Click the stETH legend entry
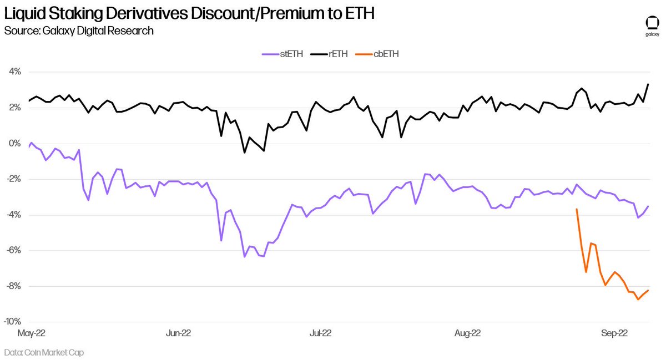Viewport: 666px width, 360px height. (x=282, y=54)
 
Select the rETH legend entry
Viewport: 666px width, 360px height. (x=329, y=54)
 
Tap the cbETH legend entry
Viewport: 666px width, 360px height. (x=377, y=54)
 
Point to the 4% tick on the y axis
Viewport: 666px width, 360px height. (x=15, y=72)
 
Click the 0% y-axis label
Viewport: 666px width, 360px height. (x=15, y=144)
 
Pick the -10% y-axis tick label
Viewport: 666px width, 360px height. (x=12, y=322)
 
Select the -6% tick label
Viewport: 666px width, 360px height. (x=14, y=251)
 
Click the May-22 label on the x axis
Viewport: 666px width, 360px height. (x=31, y=333)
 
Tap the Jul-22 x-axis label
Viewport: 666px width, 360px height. (x=320, y=333)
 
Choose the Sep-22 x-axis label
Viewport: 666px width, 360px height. (x=614, y=333)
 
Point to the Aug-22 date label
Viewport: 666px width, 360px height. (x=467, y=333)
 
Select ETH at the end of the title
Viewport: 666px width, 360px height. (x=359, y=13)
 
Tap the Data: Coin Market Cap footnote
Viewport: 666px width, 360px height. (x=44, y=353)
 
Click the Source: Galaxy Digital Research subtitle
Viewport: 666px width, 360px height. (x=79, y=31)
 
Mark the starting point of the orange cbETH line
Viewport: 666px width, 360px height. (x=577, y=209)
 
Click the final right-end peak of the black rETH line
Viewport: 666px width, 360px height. (x=648, y=84)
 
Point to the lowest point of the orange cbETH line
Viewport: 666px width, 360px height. (x=638, y=299)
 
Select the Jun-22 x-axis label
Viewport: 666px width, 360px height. (x=178, y=333)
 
